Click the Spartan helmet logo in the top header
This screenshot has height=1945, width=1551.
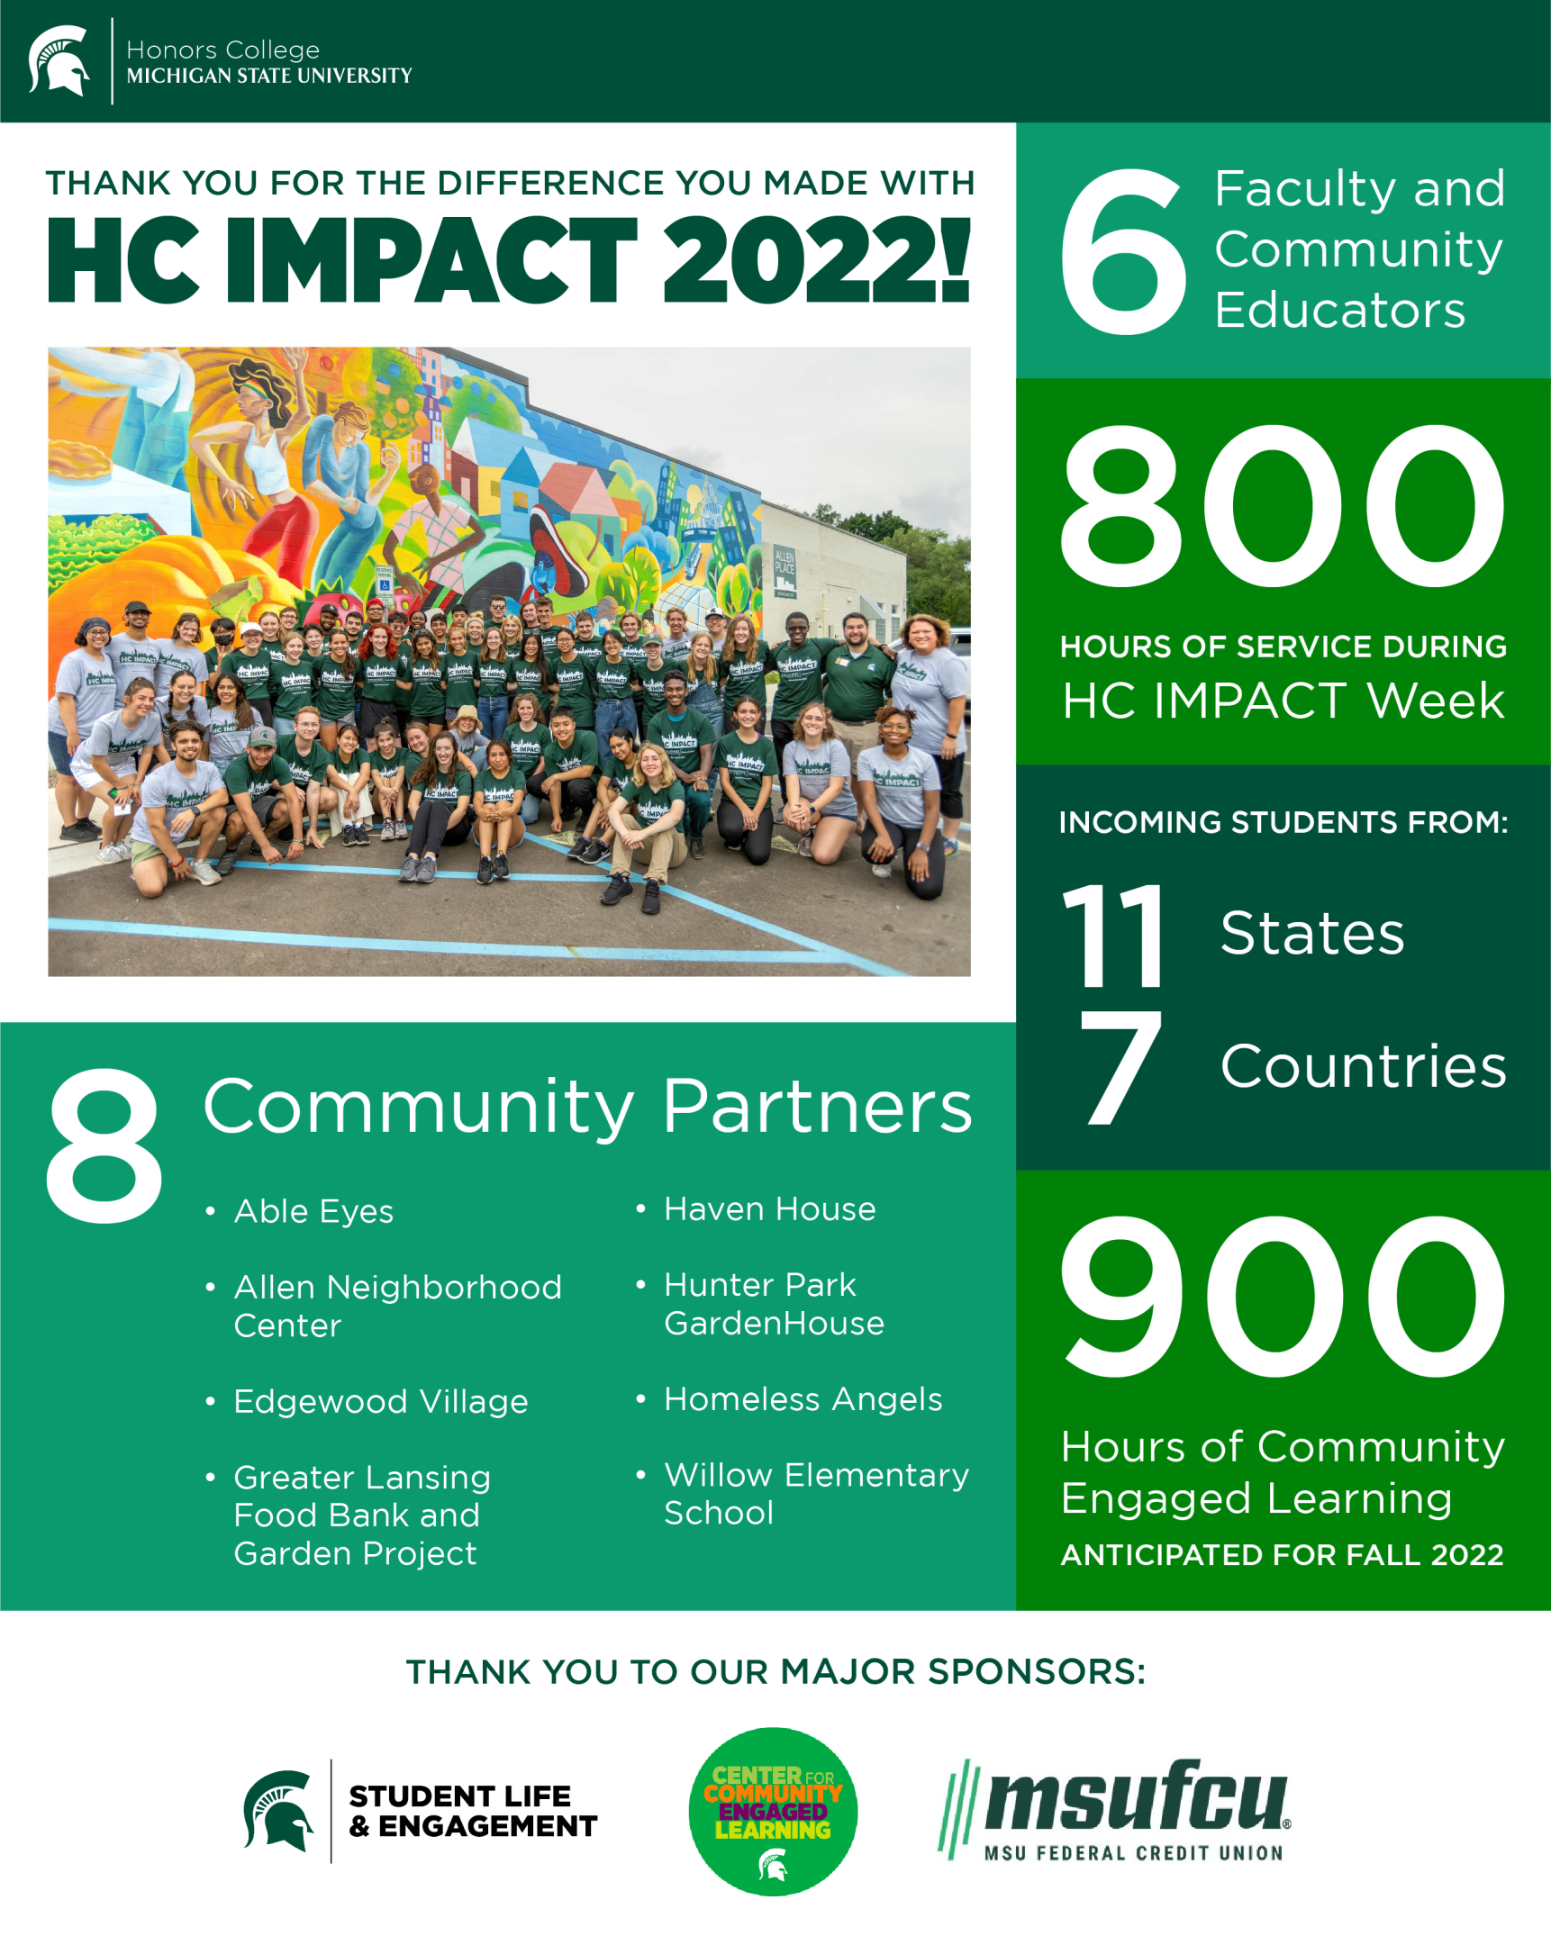pos(59,60)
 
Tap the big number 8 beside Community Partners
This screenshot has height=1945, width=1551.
pos(104,1145)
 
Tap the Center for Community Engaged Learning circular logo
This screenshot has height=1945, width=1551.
pos(772,1811)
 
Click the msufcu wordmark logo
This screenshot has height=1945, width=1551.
pos(1115,1809)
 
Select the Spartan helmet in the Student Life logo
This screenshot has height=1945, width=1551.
pos(278,1810)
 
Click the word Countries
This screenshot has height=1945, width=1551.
pos(1363,1066)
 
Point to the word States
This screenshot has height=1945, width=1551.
pos(1312,933)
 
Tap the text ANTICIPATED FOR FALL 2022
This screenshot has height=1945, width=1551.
pos(1282,1554)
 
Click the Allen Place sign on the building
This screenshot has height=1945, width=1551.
pos(785,569)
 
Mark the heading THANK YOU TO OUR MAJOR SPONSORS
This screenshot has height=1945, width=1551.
pos(776,1671)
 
